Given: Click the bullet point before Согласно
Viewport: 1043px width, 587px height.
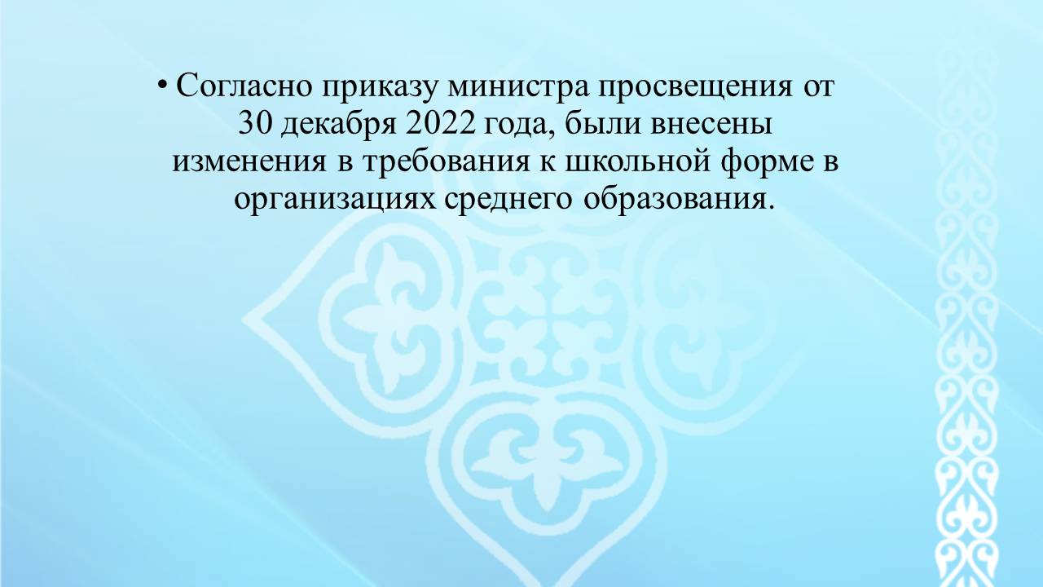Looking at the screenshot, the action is (x=161, y=86).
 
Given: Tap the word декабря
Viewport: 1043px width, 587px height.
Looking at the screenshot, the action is (x=337, y=126).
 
